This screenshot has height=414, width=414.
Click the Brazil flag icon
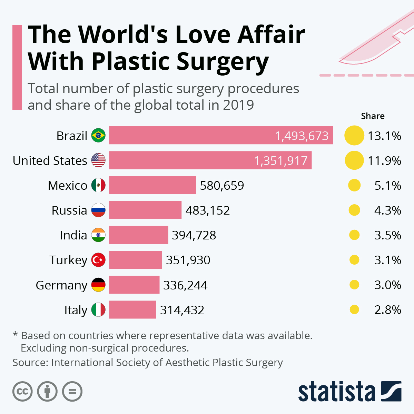click(x=98, y=136)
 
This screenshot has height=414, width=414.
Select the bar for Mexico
click(x=152, y=185)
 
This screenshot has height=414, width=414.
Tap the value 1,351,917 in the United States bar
click(x=280, y=161)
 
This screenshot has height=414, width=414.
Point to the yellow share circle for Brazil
click(x=354, y=136)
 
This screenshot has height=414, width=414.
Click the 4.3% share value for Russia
click(x=387, y=210)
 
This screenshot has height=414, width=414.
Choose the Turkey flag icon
click(x=98, y=260)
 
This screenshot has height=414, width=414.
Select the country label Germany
click(x=61, y=285)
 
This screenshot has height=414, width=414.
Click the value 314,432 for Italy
click(x=182, y=310)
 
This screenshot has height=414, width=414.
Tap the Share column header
click(x=373, y=116)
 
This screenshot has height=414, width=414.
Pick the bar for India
click(x=139, y=235)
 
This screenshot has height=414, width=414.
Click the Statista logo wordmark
click(x=336, y=392)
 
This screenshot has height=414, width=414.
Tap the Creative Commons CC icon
click(x=22, y=392)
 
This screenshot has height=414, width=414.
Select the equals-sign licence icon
click(x=72, y=392)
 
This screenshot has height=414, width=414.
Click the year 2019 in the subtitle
click(x=238, y=105)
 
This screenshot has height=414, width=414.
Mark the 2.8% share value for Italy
click(x=387, y=310)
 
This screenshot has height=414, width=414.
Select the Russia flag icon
click(x=98, y=210)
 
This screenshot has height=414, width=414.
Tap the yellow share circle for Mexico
click(x=354, y=185)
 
